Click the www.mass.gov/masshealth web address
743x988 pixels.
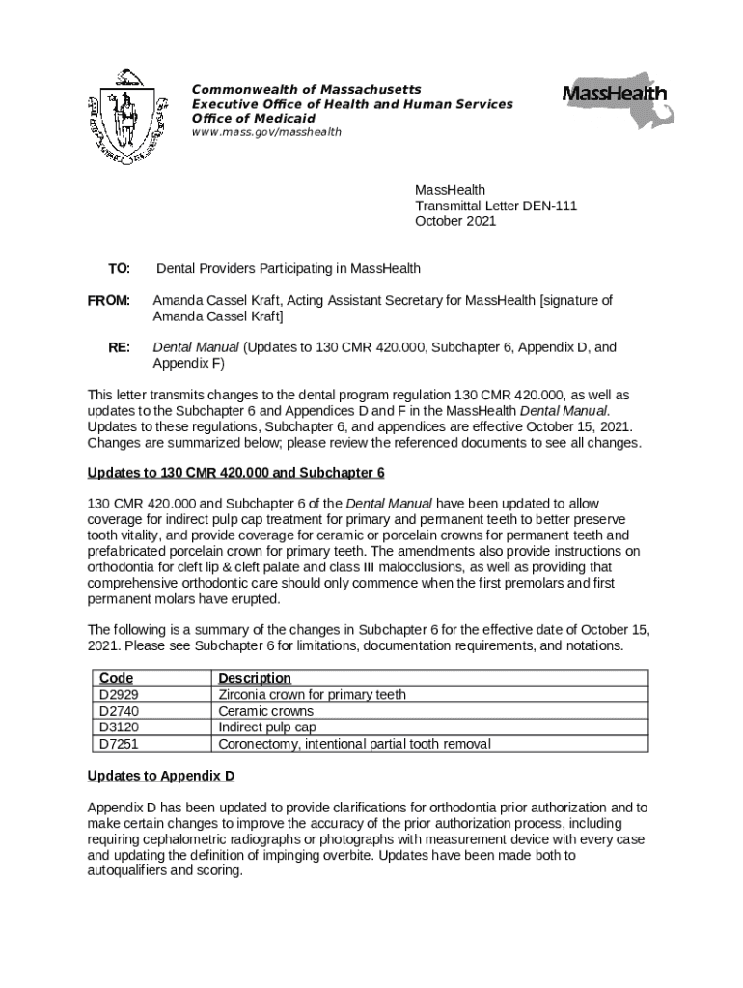266,132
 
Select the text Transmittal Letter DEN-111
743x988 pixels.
496,206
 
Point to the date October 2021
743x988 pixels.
455,221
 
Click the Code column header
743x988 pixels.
116,678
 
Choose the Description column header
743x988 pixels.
255,678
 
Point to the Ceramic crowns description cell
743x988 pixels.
265,711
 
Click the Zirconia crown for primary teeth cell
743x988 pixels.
312,695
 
